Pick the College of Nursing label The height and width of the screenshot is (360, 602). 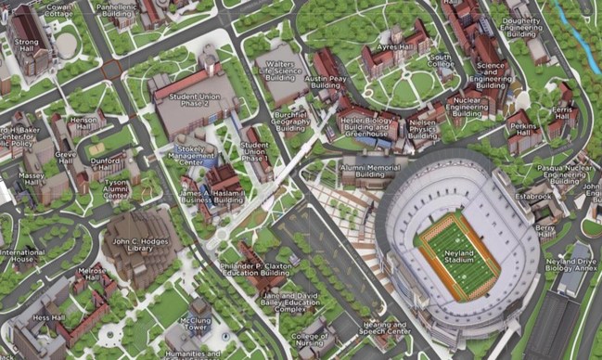pyautogui.click(x=309, y=341)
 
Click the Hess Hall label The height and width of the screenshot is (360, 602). pyautogui.click(x=48, y=318)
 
